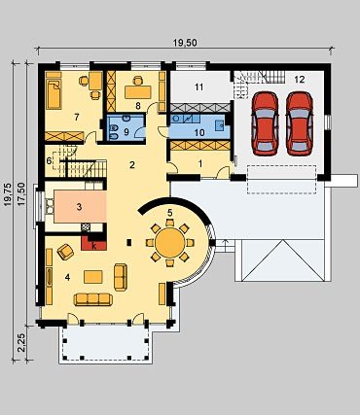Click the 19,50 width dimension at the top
185,43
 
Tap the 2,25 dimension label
21,343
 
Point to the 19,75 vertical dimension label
8,195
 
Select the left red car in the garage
266,123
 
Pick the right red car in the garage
300,123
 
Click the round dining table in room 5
170,242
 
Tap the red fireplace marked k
93,244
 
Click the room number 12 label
300,79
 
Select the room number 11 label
198,86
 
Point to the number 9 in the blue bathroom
126,132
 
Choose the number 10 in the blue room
199,132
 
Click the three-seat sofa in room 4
93,299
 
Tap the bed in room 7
54,90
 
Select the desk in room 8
138,92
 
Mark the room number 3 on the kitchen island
79,207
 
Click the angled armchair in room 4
65,252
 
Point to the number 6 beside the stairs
49,161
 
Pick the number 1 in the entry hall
200,164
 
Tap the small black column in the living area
129,242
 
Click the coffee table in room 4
93,277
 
